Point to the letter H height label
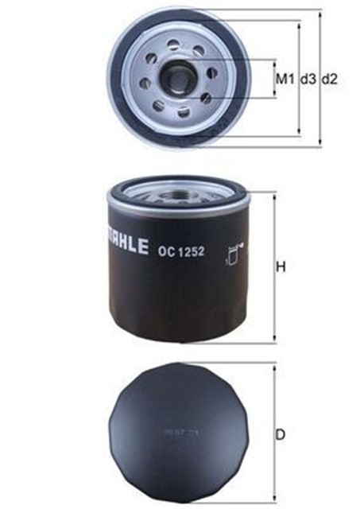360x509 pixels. pos(280,267)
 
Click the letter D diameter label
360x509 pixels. pos(280,435)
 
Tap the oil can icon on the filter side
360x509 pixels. pos(233,253)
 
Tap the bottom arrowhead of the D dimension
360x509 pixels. pos(275,498)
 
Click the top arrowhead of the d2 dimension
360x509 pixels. pos(320,14)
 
